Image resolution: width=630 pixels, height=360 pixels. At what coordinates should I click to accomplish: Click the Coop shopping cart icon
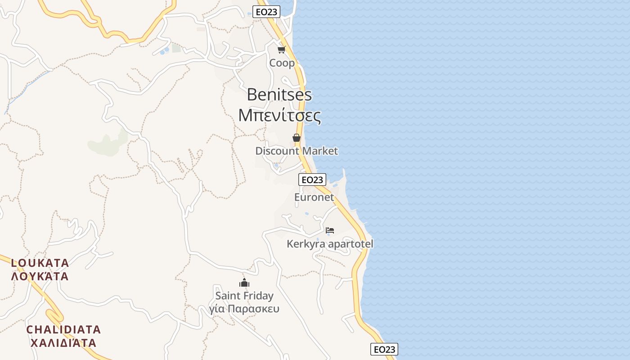coord(282,49)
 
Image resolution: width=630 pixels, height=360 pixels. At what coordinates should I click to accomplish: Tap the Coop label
coord(282,63)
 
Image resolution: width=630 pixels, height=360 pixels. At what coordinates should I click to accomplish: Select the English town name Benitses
coord(279,94)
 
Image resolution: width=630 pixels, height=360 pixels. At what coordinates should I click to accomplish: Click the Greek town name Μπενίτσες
coord(279,116)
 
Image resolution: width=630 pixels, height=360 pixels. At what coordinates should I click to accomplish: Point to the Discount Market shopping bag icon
coord(297,138)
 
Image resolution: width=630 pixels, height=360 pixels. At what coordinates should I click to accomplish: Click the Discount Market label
coord(297,151)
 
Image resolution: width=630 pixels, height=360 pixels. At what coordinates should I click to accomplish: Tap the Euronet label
coord(314,197)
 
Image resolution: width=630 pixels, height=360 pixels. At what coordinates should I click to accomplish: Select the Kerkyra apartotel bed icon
coord(330,230)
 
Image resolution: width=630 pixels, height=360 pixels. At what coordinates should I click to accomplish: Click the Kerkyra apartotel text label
coord(330,244)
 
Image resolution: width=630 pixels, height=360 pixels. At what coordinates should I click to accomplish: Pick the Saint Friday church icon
coord(244,283)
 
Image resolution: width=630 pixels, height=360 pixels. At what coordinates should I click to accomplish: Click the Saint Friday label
coord(244,296)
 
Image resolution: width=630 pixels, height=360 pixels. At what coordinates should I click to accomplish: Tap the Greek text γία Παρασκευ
coord(244,309)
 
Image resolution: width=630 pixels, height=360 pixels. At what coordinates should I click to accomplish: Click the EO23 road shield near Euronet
coord(312,180)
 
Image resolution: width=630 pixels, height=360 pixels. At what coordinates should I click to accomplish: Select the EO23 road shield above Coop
coord(266,12)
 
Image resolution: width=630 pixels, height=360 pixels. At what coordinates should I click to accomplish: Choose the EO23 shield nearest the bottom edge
coord(384,349)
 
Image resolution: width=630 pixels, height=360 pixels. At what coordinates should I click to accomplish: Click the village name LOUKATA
coord(40,263)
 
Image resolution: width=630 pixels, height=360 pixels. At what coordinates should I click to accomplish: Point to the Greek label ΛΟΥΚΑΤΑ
coord(40,276)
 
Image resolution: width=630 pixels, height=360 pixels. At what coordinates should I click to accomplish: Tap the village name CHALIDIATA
coord(63,329)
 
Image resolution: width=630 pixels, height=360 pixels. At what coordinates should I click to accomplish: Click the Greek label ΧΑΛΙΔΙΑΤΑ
coord(63,343)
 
